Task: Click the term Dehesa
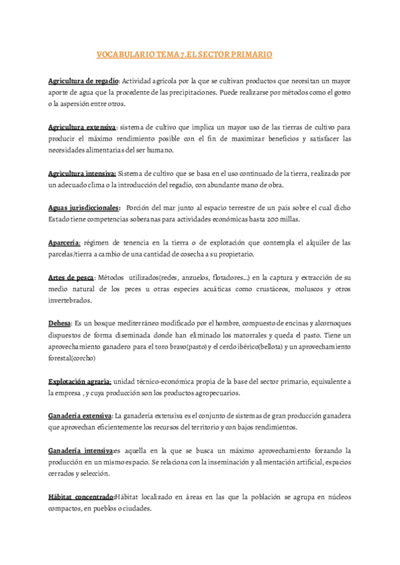click(x=59, y=323)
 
